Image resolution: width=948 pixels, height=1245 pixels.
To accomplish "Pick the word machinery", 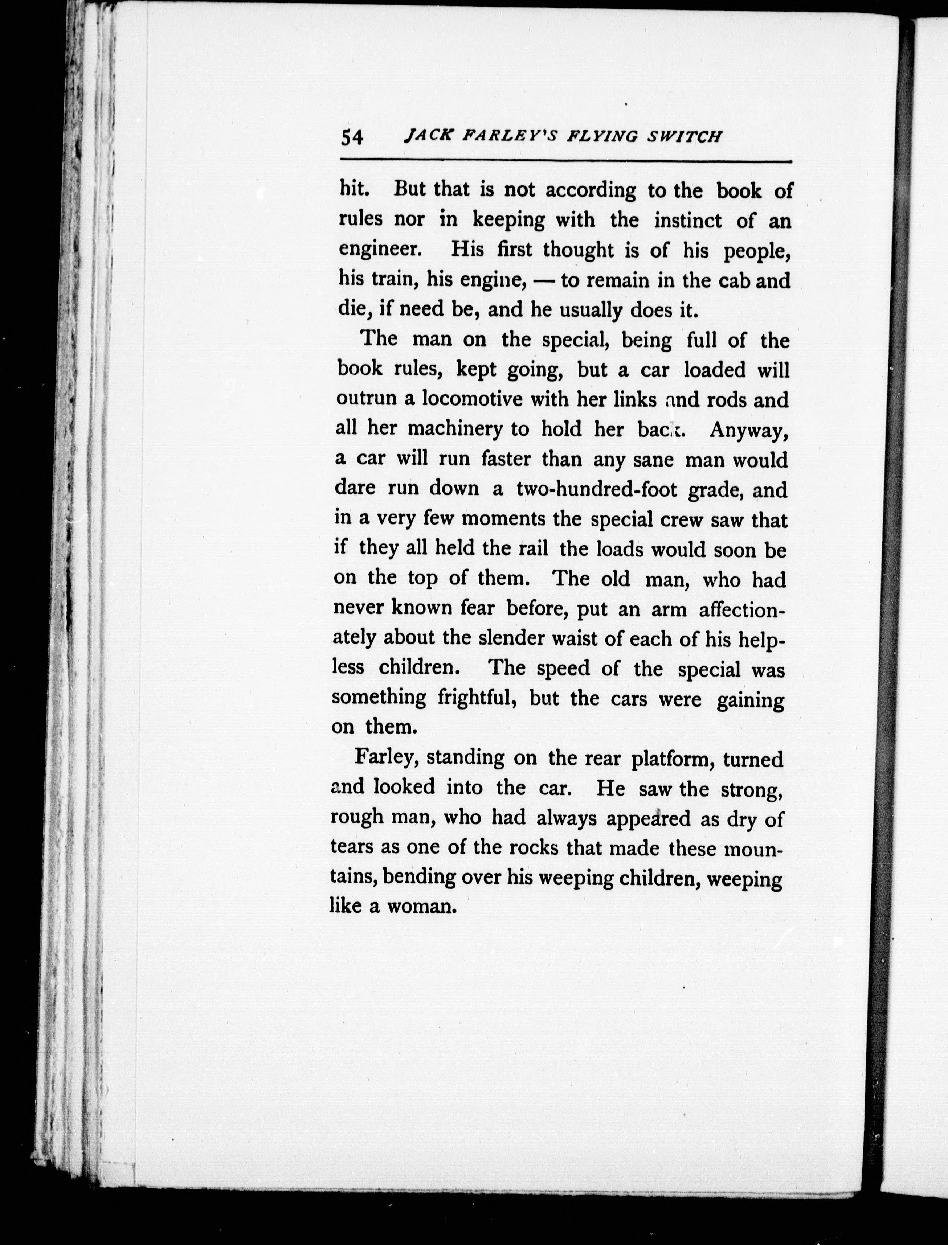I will [454, 429].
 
